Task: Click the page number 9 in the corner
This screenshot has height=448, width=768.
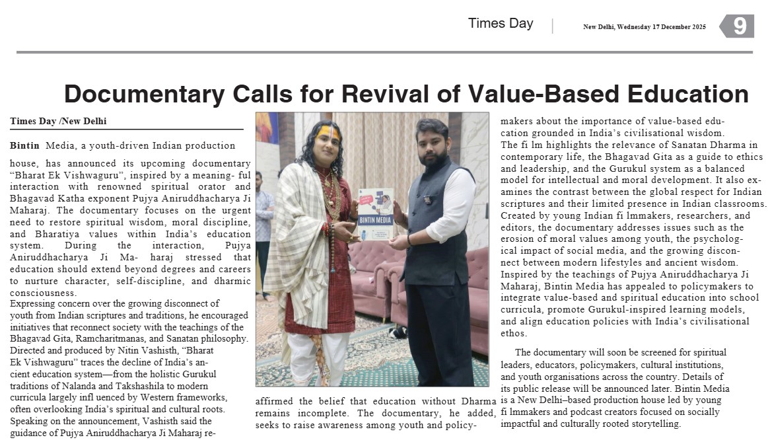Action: (740, 26)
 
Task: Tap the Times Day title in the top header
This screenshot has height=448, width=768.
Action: (500, 23)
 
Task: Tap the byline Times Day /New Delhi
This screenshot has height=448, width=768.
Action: (58, 122)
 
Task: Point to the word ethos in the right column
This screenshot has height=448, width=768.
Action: (514, 333)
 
